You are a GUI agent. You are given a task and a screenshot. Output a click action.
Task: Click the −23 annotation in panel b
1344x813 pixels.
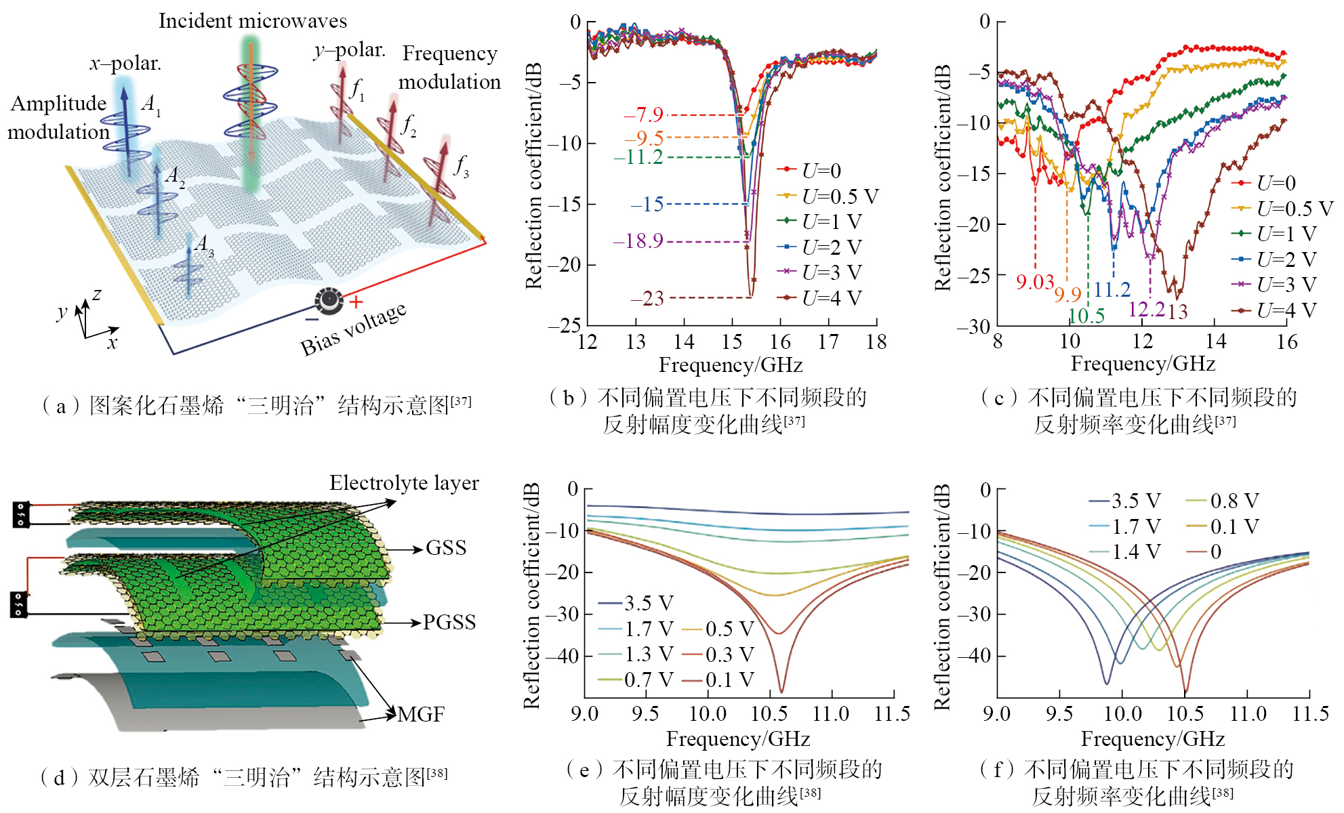coord(647,299)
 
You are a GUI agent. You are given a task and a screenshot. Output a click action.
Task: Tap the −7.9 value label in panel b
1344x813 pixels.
coord(643,115)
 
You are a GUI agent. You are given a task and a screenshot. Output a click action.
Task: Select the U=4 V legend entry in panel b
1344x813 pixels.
coord(831,298)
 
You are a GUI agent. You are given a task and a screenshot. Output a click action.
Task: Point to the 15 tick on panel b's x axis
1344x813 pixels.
coord(732,342)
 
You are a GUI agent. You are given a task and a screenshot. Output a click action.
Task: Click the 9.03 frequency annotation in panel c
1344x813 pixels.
coord(1035,282)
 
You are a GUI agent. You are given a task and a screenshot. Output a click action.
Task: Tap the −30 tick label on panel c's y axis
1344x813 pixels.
coord(973,327)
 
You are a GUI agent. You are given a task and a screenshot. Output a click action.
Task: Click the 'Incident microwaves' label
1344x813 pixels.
coord(253,21)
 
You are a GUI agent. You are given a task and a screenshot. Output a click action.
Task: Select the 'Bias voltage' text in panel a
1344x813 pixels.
coord(353,329)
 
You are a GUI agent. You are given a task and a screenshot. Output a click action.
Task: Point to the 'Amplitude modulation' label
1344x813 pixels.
coord(58,117)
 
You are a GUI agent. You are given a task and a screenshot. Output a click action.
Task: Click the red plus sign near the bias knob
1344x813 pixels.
coord(356,302)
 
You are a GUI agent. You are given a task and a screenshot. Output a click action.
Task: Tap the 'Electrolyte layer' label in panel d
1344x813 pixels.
coord(404,483)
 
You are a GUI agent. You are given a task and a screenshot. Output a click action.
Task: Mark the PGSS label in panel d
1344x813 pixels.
coord(449,622)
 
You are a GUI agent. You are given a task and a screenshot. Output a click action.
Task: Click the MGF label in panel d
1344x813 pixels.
coord(421,714)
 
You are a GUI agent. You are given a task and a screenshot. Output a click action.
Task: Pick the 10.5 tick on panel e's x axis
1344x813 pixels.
coord(769,713)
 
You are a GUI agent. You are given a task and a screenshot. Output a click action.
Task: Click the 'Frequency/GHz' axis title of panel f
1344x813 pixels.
coord(1152,738)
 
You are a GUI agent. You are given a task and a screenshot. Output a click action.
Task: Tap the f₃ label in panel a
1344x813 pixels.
coord(462,165)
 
